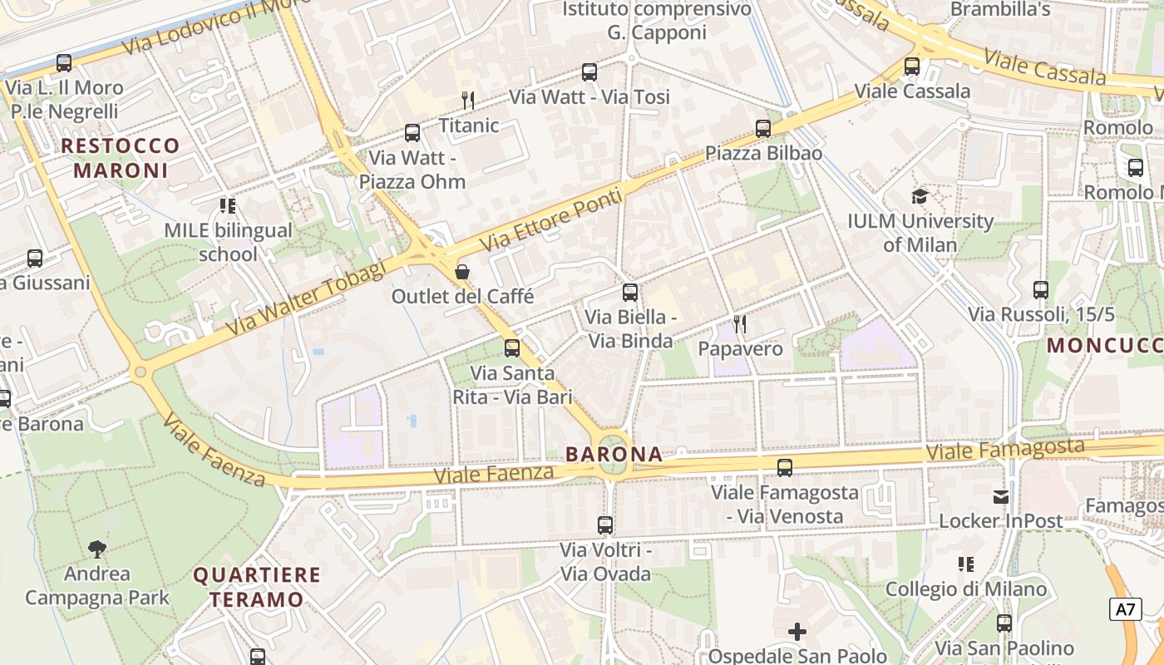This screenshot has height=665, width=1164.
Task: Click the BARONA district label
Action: click(614, 455)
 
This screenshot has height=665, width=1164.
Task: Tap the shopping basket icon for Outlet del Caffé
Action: click(462, 272)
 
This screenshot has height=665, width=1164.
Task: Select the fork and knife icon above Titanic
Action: click(468, 101)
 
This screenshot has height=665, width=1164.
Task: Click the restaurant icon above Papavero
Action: click(739, 323)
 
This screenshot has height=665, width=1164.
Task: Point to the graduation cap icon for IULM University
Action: click(920, 196)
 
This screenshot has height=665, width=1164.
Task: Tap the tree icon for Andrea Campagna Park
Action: click(97, 549)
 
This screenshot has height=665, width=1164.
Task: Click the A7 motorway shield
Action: click(1124, 609)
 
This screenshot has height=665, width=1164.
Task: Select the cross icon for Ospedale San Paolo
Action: click(797, 632)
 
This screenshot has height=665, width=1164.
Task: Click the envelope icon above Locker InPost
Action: click(1001, 497)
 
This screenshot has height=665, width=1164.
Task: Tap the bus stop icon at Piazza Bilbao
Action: click(763, 129)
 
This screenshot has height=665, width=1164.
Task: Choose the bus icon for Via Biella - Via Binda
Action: click(630, 293)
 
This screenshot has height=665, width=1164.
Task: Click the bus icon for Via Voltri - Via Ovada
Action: click(605, 525)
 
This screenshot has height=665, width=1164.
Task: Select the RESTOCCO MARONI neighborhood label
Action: click(121, 158)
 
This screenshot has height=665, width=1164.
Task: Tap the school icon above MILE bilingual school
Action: click(227, 205)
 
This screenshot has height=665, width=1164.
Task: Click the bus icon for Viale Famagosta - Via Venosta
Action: click(785, 468)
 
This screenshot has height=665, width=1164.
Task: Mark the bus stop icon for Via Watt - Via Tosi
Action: click(589, 72)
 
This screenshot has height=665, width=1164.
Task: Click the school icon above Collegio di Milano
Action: click(965, 564)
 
